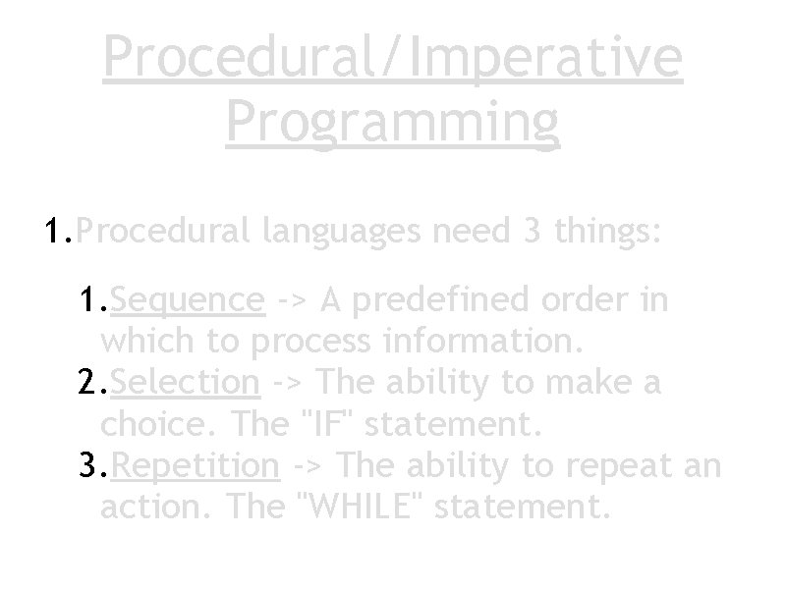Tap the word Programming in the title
(x=392, y=122)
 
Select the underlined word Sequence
(x=188, y=299)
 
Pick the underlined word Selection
(x=186, y=381)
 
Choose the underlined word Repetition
(x=196, y=463)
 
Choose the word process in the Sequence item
(x=309, y=342)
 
